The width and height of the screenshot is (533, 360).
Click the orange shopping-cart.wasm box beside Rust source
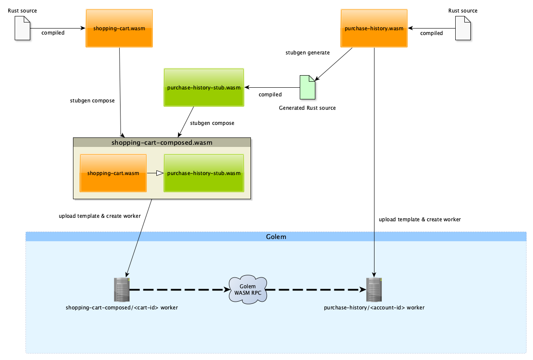pyautogui.click(x=119, y=29)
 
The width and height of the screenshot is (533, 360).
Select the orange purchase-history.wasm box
pyautogui.click(x=374, y=29)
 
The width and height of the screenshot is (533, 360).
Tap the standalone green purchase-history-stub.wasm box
pyautogui.click(x=203, y=87)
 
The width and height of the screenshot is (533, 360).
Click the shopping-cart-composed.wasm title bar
pyautogui.click(x=162, y=142)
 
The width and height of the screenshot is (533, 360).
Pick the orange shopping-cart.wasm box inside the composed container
pyautogui.click(x=113, y=173)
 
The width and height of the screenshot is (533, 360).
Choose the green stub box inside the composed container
pyautogui.click(x=203, y=173)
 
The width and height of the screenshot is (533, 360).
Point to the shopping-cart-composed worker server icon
pyautogui.click(x=121, y=290)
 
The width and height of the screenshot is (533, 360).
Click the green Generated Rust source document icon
pyautogui.click(x=308, y=87)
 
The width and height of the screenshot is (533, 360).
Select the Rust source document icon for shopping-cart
pyautogui.click(x=22, y=28)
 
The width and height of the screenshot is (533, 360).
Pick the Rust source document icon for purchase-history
pyautogui.click(x=463, y=28)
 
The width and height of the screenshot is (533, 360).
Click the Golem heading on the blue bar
pyautogui.click(x=276, y=237)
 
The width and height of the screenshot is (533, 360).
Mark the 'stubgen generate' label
pyautogui.click(x=308, y=53)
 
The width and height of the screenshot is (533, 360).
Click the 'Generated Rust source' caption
pyautogui.click(x=307, y=108)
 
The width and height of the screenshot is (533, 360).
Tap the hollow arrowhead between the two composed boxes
pyautogui.click(x=159, y=173)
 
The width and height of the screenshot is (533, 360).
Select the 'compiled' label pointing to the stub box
pyautogui.click(x=270, y=95)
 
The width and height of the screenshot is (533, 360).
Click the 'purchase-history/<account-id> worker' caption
pyautogui.click(x=374, y=308)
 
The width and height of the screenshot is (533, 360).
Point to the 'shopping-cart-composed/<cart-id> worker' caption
pyautogui.click(x=122, y=308)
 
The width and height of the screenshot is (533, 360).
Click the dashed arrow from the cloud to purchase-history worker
pyautogui.click(x=313, y=290)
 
